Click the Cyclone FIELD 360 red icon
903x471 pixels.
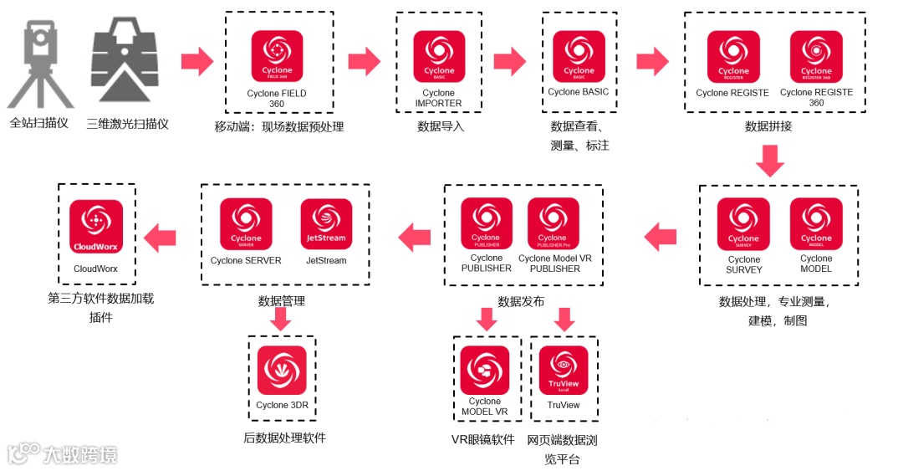pyautogui.click(x=277, y=56)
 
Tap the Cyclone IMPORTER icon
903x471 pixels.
pyautogui.click(x=438, y=56)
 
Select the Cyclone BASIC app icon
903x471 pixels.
pyautogui.click(x=579, y=56)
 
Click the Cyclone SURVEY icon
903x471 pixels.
pyautogui.click(x=743, y=224)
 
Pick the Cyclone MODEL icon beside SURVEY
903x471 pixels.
pyautogui.click(x=816, y=224)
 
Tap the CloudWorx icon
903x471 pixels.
pyautogui.click(x=96, y=226)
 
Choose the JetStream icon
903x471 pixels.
pyautogui.click(x=325, y=223)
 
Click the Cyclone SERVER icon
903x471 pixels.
pyautogui.click(x=246, y=223)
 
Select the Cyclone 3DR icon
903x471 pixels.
pyautogui.click(x=282, y=370)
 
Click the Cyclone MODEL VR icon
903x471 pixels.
pyautogui.click(x=484, y=370)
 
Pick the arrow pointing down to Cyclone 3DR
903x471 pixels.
pyautogui.click(x=282, y=319)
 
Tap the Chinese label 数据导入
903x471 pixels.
pyautogui.click(x=441, y=127)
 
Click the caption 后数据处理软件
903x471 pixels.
pyautogui.click(x=284, y=438)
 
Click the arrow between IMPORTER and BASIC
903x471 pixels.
pyautogui.click(x=509, y=60)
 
